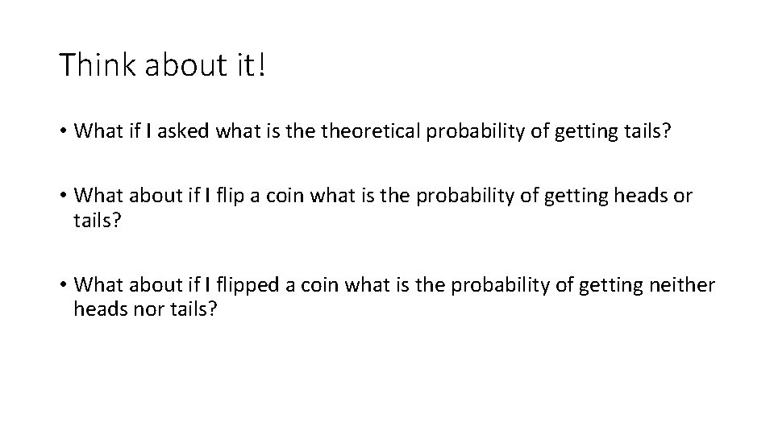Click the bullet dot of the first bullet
tap(63, 133)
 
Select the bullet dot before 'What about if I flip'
tap(63, 197)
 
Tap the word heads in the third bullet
tap(95, 309)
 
